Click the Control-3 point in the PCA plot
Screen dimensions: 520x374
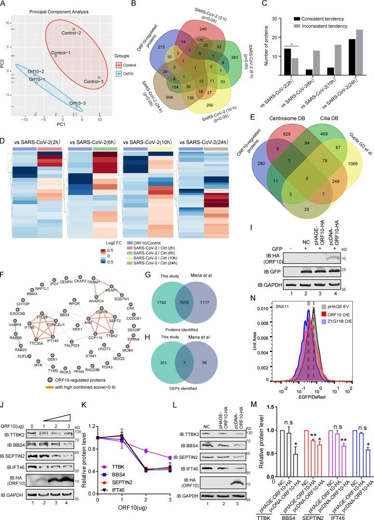pos(99,78)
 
